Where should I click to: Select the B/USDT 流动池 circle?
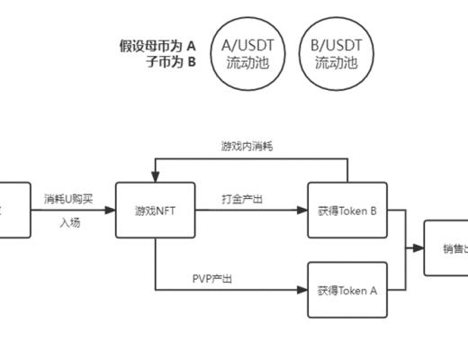click(336, 53)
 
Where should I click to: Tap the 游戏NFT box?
click(155, 211)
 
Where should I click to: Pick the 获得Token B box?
click(346, 211)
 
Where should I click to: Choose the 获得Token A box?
click(346, 290)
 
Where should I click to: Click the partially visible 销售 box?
click(446, 248)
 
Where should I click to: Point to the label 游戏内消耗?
click(247, 146)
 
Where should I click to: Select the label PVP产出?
click(212, 279)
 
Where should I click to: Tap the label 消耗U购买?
click(68, 199)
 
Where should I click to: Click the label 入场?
click(70, 221)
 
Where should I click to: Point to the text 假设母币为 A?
click(157, 45)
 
